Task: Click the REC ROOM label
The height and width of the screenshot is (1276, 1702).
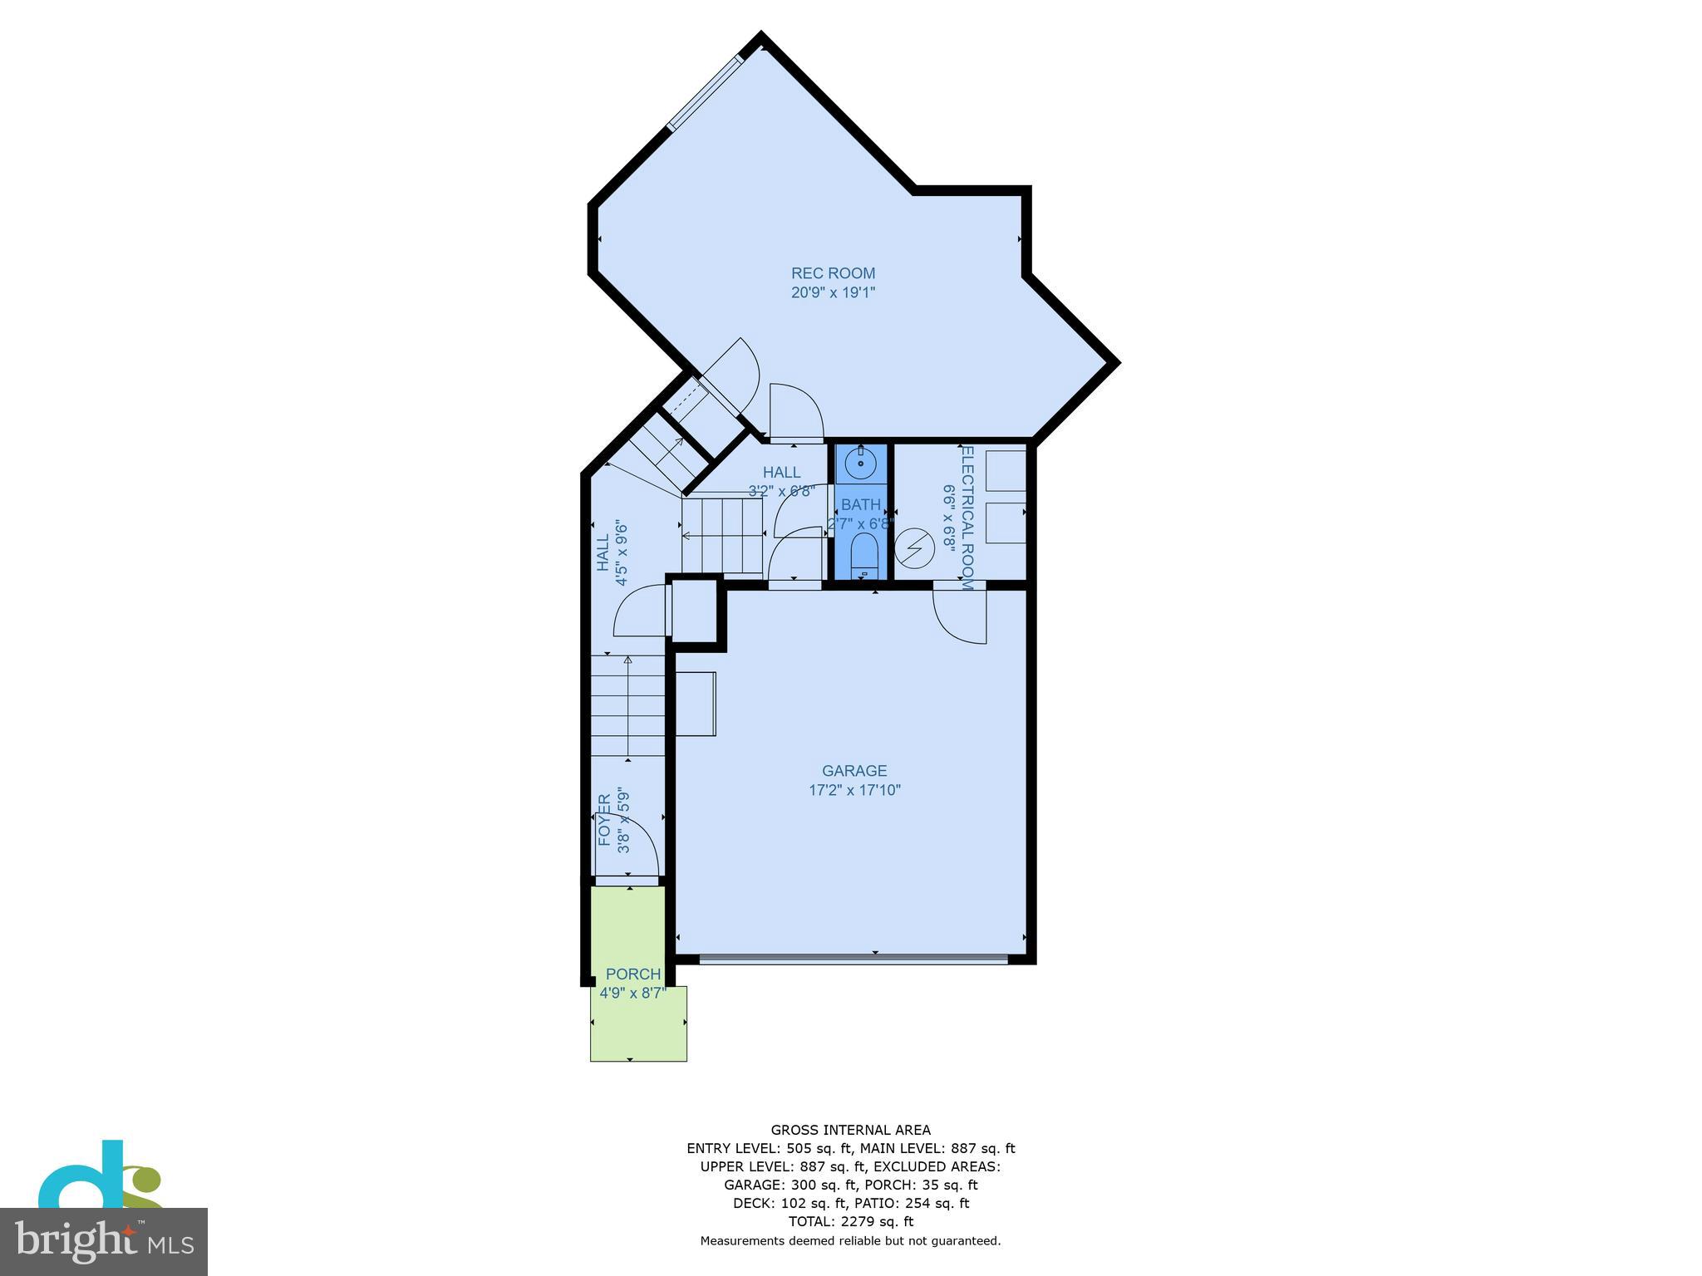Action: tap(833, 273)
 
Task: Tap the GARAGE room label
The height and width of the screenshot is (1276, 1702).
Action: tap(854, 771)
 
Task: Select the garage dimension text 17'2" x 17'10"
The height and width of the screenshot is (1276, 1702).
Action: tap(854, 790)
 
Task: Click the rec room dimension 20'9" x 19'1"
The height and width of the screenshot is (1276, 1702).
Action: tap(833, 292)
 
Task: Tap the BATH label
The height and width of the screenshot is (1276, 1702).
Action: tap(860, 504)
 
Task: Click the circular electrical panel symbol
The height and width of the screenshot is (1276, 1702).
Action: tap(915, 548)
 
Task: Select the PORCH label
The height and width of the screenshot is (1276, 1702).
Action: tap(633, 974)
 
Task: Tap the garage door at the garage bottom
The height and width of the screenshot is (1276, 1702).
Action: tap(853, 959)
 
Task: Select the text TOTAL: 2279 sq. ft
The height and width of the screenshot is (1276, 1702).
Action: tap(850, 1221)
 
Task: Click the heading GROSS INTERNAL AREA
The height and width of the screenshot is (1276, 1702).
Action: tap(850, 1130)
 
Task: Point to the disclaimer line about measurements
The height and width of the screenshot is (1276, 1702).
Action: tap(850, 1241)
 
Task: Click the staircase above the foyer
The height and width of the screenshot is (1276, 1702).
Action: tap(628, 706)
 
